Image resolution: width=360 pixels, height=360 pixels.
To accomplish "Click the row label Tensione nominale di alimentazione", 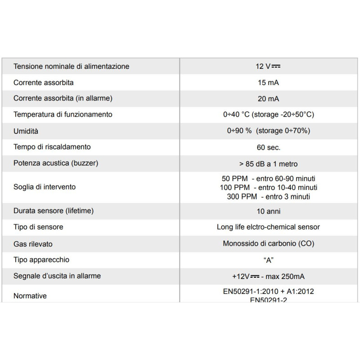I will (71, 67).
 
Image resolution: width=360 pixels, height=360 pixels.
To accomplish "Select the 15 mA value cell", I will (268, 83).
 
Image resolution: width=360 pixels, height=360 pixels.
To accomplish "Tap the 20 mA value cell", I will (268, 99).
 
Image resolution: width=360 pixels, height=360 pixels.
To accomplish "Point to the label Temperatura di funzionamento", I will (63, 114).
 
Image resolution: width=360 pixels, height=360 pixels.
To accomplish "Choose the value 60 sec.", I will (268, 147).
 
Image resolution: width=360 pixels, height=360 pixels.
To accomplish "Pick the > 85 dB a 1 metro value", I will (268, 164).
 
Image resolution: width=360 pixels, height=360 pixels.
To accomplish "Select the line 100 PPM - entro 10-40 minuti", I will (268, 187).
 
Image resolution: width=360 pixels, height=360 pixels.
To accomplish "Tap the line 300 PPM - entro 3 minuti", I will (268, 196).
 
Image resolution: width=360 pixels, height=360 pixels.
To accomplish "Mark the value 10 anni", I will (268, 211).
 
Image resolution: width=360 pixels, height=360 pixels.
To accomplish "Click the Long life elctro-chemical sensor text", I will (268, 227).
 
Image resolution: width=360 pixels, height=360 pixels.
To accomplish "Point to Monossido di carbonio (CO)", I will (268, 243).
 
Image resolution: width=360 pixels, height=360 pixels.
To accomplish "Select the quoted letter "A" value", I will (268, 260).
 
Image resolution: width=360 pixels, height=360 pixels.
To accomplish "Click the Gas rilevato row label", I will (33, 243).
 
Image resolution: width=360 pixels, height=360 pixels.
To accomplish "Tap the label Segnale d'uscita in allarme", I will (57, 276).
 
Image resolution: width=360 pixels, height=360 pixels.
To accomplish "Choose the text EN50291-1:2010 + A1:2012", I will (268, 291).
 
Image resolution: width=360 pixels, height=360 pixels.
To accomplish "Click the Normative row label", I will (30, 296).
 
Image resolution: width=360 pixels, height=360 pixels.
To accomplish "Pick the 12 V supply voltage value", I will (268, 67).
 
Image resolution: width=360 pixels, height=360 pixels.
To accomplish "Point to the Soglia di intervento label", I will (45, 187).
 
